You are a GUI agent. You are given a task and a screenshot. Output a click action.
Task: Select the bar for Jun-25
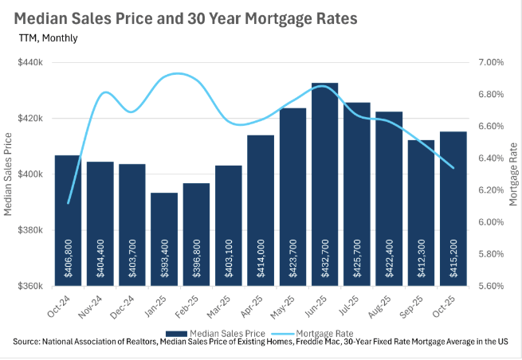pos(324,183)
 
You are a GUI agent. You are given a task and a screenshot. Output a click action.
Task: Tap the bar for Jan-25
pos(164,239)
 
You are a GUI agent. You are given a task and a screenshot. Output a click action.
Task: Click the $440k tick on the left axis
pos(30,62)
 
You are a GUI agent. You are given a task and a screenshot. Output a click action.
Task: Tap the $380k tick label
pos(30,230)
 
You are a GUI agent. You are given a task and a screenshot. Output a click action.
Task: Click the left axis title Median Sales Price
pos(10,174)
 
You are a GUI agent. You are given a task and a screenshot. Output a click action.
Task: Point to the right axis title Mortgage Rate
pos(512,174)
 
